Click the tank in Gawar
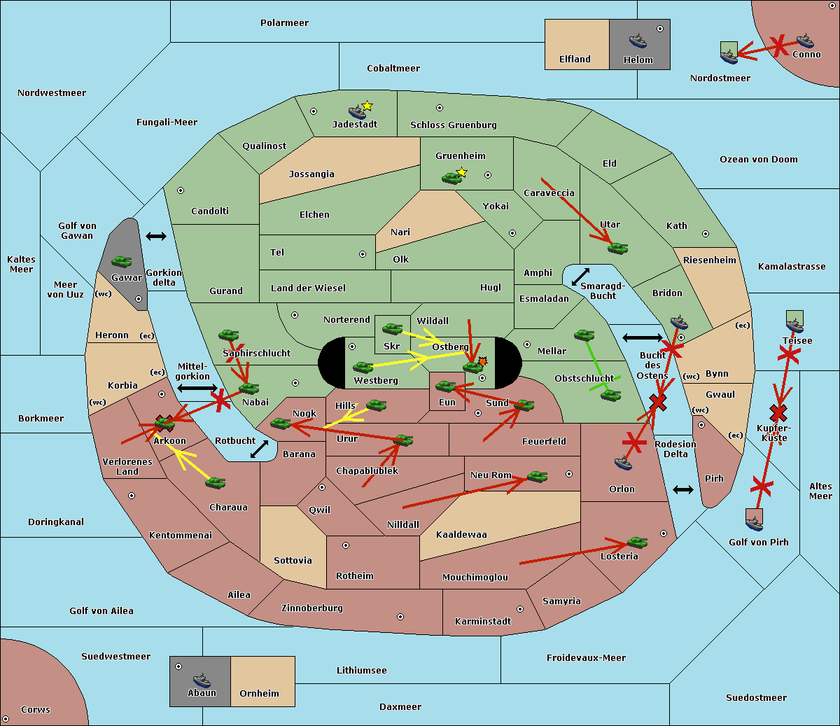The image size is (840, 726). (x=122, y=262)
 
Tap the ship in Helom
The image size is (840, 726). (x=638, y=41)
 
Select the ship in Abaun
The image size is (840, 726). (x=202, y=680)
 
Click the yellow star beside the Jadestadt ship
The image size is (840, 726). (x=367, y=106)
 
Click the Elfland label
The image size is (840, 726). (x=575, y=60)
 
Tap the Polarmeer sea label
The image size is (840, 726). (x=284, y=23)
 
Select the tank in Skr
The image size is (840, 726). (x=392, y=328)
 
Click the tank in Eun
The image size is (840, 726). (x=445, y=386)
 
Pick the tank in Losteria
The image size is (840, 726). (x=637, y=542)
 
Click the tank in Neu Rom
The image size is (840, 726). (x=537, y=476)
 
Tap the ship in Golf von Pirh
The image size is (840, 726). (x=755, y=524)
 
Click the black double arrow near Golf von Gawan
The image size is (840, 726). (x=156, y=236)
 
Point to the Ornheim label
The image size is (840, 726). (x=259, y=694)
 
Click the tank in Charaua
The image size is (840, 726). (x=215, y=483)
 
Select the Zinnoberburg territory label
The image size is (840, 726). (x=312, y=608)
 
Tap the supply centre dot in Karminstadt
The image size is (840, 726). (x=520, y=609)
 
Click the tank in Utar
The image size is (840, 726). (x=617, y=249)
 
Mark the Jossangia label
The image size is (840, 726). (x=311, y=174)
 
